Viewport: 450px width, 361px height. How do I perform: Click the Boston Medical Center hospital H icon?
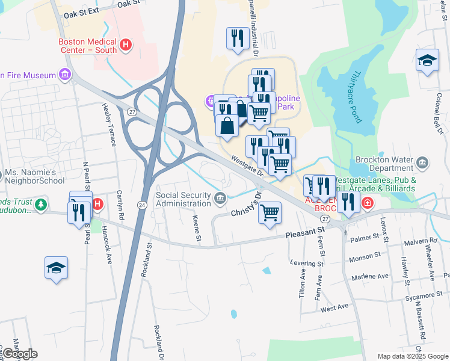click(126, 45)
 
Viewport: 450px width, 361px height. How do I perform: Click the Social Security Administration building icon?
click(221, 197)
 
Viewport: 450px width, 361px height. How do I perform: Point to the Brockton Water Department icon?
click(422, 162)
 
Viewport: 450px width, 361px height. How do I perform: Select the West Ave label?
click(334, 307)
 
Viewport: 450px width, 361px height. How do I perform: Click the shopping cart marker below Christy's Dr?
click(270, 212)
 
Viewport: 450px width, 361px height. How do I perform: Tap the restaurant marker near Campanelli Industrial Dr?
click(238, 38)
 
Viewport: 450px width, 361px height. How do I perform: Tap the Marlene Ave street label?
click(374, 276)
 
